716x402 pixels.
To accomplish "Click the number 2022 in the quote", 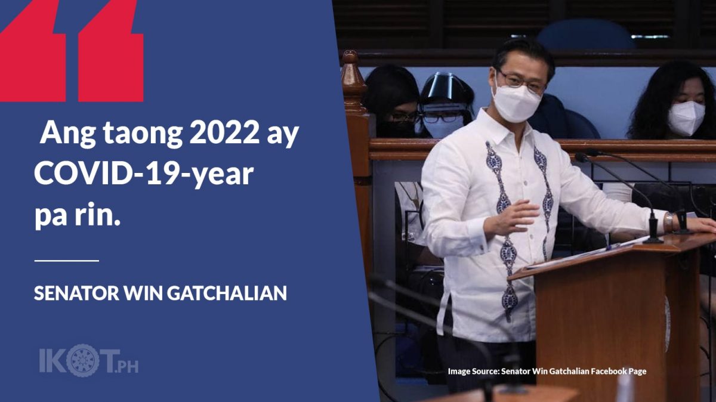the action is (224, 132).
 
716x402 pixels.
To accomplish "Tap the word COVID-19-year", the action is (144, 175).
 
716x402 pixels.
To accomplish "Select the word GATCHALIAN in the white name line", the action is (227, 293).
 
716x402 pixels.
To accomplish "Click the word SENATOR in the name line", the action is (76, 293).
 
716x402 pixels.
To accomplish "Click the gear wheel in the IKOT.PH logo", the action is (83, 360).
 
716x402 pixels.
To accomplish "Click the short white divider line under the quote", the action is (66, 261).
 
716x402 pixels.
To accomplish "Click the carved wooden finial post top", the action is (352, 73).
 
